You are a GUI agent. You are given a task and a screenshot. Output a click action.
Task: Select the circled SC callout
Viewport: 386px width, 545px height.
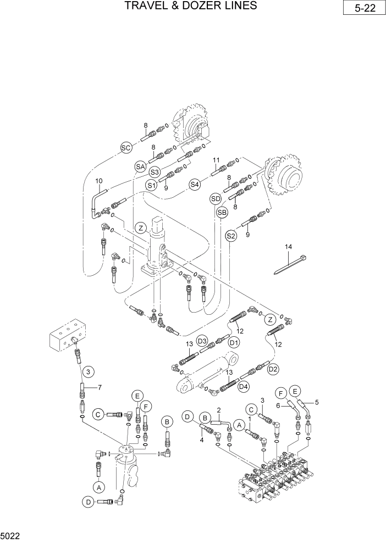[x=126, y=147]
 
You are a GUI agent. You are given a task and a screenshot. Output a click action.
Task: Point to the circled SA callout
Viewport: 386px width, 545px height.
[x=140, y=165]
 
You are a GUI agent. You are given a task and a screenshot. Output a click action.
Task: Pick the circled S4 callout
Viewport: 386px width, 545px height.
[x=194, y=185]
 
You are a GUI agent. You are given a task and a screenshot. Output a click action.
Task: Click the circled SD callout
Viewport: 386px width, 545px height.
[x=215, y=198]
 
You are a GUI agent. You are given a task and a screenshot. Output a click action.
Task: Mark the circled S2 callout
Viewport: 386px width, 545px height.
[x=231, y=236]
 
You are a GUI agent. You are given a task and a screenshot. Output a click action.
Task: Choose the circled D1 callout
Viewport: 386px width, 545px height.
[x=234, y=343]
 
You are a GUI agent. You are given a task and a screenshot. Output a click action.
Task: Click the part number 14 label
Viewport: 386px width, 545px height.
[x=287, y=247]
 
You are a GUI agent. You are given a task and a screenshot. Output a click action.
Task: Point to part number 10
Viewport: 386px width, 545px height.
[x=99, y=181]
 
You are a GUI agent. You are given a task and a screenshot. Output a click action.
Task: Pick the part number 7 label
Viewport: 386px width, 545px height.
[x=100, y=388]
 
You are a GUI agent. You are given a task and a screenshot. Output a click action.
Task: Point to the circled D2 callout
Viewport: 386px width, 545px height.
[x=273, y=369]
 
